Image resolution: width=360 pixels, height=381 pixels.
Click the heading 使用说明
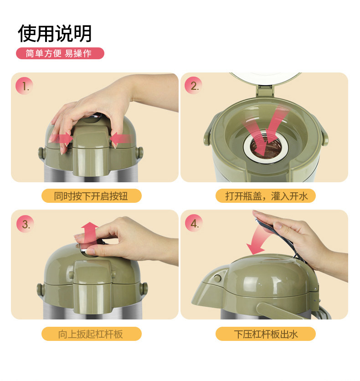(55, 34)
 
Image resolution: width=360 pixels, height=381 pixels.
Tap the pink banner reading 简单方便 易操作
(60, 53)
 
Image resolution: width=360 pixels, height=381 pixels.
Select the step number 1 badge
(24, 86)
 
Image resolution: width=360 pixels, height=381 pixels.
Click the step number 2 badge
(193, 86)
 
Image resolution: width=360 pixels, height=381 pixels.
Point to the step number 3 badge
(25, 224)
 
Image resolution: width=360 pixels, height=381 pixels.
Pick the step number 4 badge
(194, 223)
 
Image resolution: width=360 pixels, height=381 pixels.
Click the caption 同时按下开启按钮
(91, 196)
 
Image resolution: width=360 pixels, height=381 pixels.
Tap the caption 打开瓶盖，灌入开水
(266, 196)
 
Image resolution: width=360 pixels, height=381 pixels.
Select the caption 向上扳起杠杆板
(91, 334)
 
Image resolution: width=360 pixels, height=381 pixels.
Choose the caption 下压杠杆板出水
(266, 334)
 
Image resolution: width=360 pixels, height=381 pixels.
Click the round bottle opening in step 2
(266, 147)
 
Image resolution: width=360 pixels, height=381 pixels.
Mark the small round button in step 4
(217, 278)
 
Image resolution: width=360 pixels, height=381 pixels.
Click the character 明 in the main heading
(83, 34)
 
